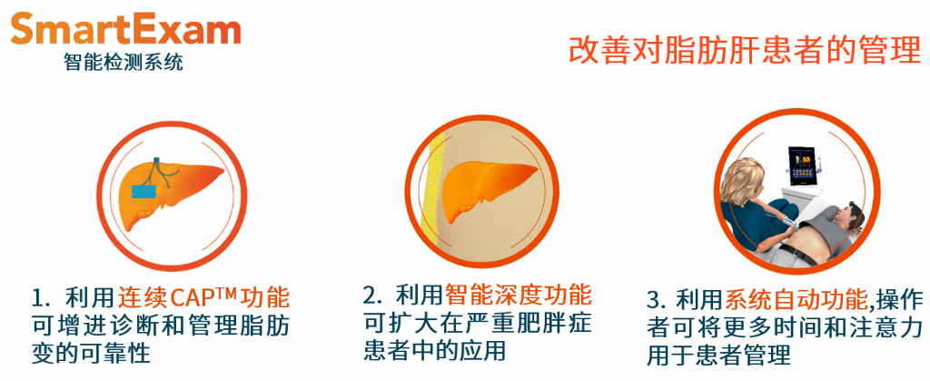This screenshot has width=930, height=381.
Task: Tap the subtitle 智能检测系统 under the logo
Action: click(124, 62)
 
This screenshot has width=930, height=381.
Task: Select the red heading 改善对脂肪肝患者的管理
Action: click(745, 50)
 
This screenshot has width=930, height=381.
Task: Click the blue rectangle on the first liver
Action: click(143, 191)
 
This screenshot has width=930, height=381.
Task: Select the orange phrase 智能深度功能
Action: click(517, 295)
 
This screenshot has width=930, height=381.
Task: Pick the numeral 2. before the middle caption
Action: click(371, 295)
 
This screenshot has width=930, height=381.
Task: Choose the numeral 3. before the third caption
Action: click(656, 301)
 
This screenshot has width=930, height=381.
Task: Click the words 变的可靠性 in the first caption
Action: click(90, 354)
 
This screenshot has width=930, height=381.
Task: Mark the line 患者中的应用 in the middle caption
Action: click(434, 350)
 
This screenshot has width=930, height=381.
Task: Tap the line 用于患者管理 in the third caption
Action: click(718, 356)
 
